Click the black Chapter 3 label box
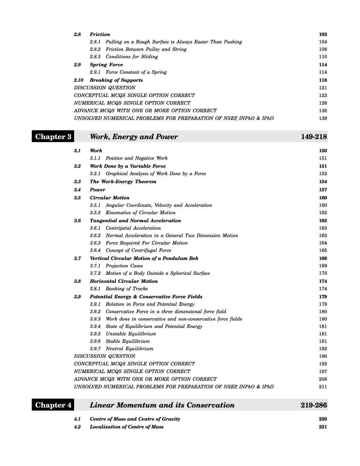53,137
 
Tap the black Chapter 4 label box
53,405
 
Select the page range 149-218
314,137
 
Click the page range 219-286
314,405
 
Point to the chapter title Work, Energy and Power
134,137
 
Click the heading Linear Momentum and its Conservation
162,405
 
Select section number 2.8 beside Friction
77,34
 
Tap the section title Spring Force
106,65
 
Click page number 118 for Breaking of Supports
323,80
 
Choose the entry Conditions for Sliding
132,57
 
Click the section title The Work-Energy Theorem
123,182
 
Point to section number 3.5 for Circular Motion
77,198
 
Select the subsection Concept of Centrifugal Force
138,251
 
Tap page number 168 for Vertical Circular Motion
323,258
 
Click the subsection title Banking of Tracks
127,289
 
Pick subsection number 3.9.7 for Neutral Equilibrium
95,349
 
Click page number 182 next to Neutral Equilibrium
323,349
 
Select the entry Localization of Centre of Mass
126,427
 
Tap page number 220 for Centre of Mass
323,419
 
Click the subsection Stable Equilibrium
128,341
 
